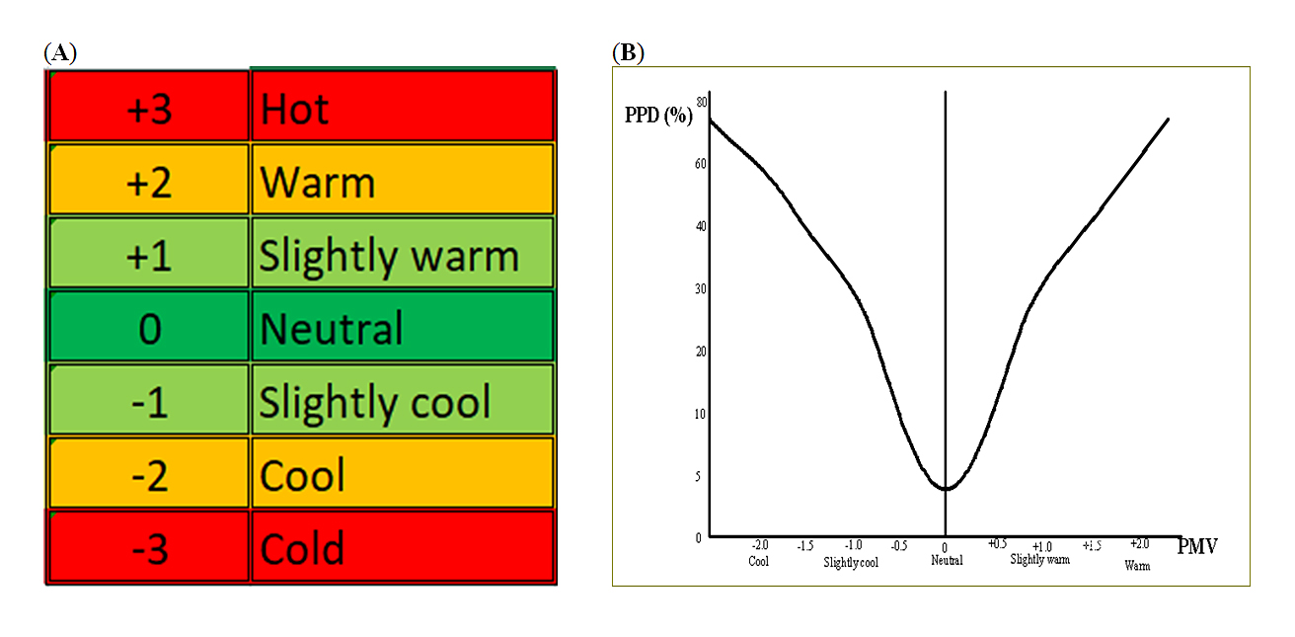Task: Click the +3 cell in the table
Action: coord(149,109)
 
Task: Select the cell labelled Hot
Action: coord(402,109)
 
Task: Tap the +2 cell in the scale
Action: coord(149,182)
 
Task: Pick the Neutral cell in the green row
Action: coord(402,328)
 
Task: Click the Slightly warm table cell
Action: coord(402,256)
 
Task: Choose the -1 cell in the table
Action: coord(149,401)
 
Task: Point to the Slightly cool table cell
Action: coord(402,401)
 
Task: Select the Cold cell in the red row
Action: coord(402,547)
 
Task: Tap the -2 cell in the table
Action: coord(149,474)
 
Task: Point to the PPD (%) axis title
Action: coord(658,115)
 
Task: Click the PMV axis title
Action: coord(1197,545)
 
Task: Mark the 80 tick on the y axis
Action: coord(702,101)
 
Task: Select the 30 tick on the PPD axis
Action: coord(701,288)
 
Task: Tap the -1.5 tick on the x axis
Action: coord(805,545)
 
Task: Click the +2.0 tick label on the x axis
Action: coord(1139,544)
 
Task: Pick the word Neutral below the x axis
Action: coord(947,560)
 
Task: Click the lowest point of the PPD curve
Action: coord(946,488)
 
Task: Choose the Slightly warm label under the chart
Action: coord(1039,560)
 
